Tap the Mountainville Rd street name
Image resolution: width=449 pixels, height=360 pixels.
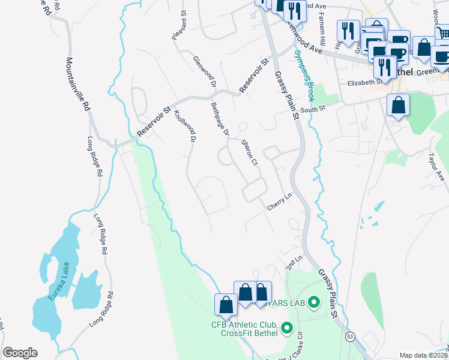pyautogui.click(x=78, y=84)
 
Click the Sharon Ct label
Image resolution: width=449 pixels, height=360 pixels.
pyautogui.click(x=249, y=153)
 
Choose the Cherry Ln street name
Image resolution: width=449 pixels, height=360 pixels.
pyautogui.click(x=279, y=201)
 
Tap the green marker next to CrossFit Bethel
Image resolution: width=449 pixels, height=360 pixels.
pyautogui.click(x=286, y=329)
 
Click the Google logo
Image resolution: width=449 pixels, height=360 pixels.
pyautogui.click(x=20, y=353)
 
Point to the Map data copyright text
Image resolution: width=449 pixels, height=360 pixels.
pyautogui.click(x=423, y=355)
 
